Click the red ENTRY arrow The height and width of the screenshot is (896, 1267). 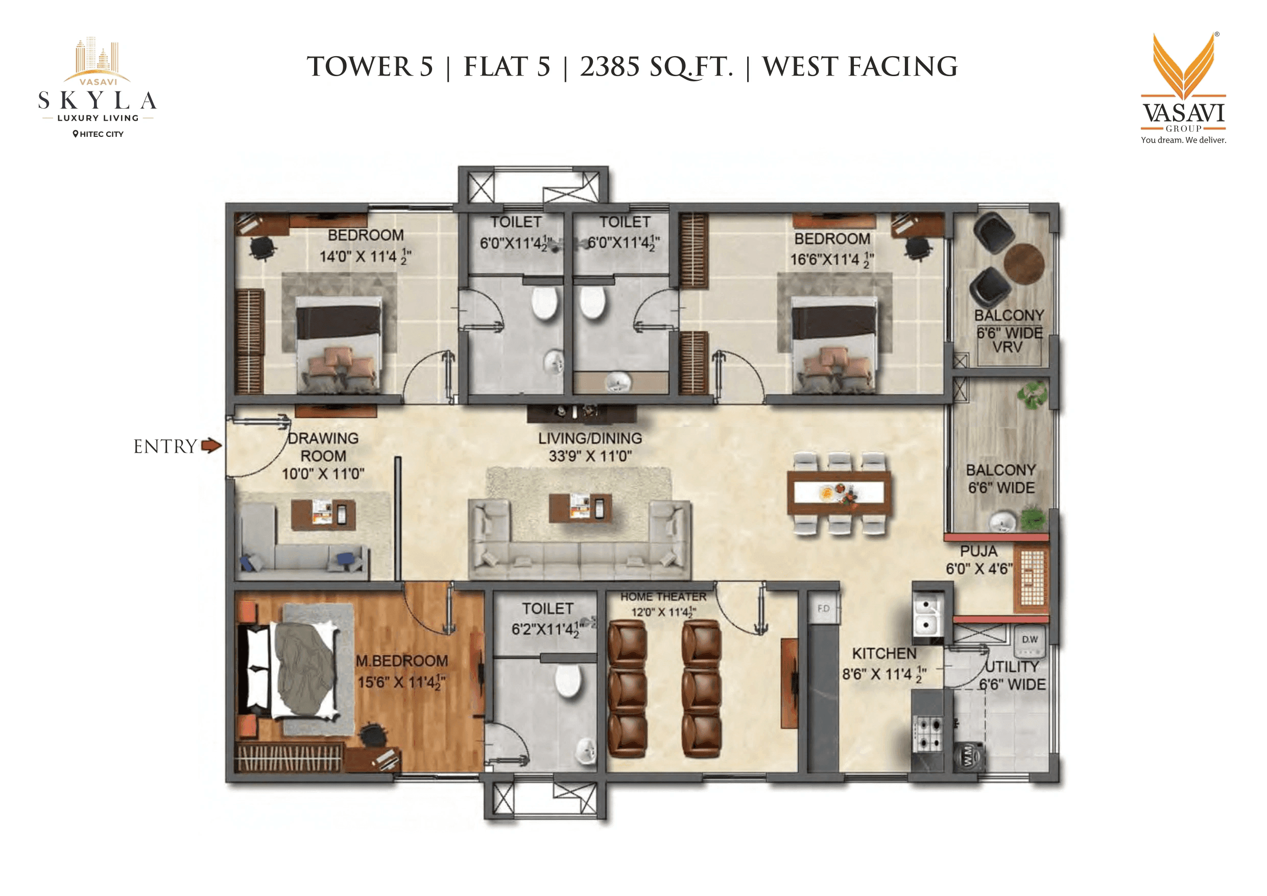pos(211,445)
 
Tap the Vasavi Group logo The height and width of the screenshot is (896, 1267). pos(1183,88)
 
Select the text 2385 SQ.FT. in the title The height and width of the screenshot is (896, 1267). pos(656,67)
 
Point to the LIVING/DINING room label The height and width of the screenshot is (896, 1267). pos(590,438)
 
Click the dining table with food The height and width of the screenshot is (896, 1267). pos(839,492)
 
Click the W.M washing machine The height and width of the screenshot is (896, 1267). pos(969,757)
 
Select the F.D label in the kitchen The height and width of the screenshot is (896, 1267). pos(823,608)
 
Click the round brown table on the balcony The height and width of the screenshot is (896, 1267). pos(1023,264)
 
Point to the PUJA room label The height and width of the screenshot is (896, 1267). pos(978,551)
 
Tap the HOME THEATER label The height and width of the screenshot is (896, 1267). pos(663,597)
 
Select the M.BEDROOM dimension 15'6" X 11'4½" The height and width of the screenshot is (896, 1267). pos(401,682)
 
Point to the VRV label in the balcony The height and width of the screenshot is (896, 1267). pos(1007,348)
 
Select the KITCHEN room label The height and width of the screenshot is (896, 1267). pos(884,654)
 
